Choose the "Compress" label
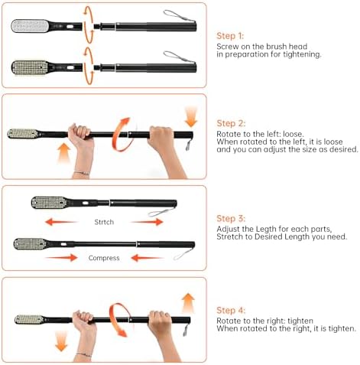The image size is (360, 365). (x=104, y=258)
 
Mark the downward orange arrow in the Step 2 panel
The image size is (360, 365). (x=190, y=116)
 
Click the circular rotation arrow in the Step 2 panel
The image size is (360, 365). (x=120, y=132)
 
